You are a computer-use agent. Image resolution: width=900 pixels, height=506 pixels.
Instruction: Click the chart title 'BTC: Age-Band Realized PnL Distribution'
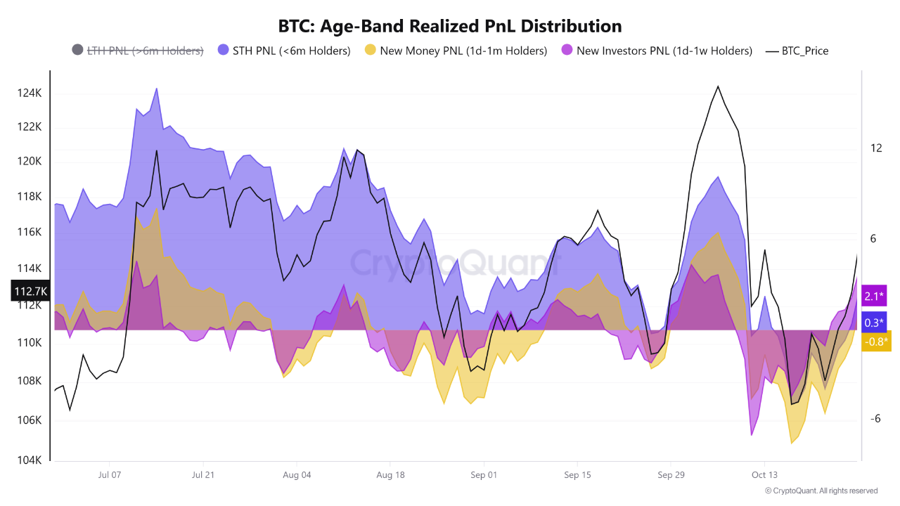pos(450,26)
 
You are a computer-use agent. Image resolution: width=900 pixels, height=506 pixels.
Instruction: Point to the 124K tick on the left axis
pos(31,93)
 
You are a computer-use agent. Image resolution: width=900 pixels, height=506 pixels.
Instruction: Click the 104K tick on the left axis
pos(31,460)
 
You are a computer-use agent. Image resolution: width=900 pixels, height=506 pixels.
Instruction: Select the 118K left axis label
pos(31,196)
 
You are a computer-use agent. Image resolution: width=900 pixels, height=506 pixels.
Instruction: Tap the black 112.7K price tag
pos(30,291)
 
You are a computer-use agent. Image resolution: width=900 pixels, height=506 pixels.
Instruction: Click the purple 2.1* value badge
pos(875,296)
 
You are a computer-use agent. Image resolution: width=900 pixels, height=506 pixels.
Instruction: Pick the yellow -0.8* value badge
pos(875,342)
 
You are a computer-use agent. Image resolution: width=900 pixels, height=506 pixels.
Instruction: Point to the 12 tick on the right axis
pos(875,148)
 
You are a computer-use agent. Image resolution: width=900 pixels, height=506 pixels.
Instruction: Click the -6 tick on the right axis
pos(875,419)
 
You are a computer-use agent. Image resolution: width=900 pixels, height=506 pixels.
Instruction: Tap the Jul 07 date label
pos(110,475)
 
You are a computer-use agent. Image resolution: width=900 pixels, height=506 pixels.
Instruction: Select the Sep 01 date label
pos(483,475)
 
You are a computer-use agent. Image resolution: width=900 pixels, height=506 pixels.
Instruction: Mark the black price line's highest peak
pos(718,86)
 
